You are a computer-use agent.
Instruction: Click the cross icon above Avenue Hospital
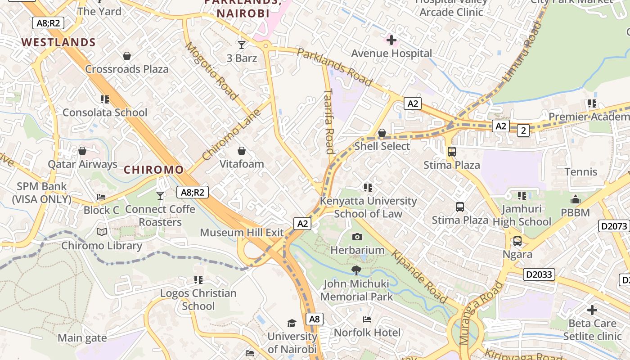coord(391,40)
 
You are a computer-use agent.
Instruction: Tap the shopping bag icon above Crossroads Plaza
coord(127,56)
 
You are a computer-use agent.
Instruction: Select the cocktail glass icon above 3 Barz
coord(242,45)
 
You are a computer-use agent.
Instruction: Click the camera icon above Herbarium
coord(357,237)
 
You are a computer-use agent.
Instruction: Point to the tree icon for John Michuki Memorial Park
coord(356,270)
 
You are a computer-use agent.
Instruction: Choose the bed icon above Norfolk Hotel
coord(367,319)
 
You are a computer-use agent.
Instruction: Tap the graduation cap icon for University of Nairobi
coord(292,323)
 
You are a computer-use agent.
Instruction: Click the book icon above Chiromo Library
coord(102,232)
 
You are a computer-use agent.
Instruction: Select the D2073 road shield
coord(614,226)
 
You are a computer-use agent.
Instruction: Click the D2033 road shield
coord(539,274)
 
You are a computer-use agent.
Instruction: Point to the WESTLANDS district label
coord(58,43)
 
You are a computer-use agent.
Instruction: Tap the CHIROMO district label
coord(153,170)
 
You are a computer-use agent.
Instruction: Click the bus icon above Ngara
coord(517,241)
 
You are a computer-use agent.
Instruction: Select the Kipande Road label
coord(419,277)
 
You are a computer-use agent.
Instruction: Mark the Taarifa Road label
coord(329,121)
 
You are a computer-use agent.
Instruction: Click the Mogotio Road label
coord(211,71)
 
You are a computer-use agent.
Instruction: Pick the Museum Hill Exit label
coord(242,233)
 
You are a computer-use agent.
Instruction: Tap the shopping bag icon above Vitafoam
coord(242,151)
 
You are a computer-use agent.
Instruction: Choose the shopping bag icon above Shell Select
coord(382,133)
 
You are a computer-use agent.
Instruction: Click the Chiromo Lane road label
coord(231,135)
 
